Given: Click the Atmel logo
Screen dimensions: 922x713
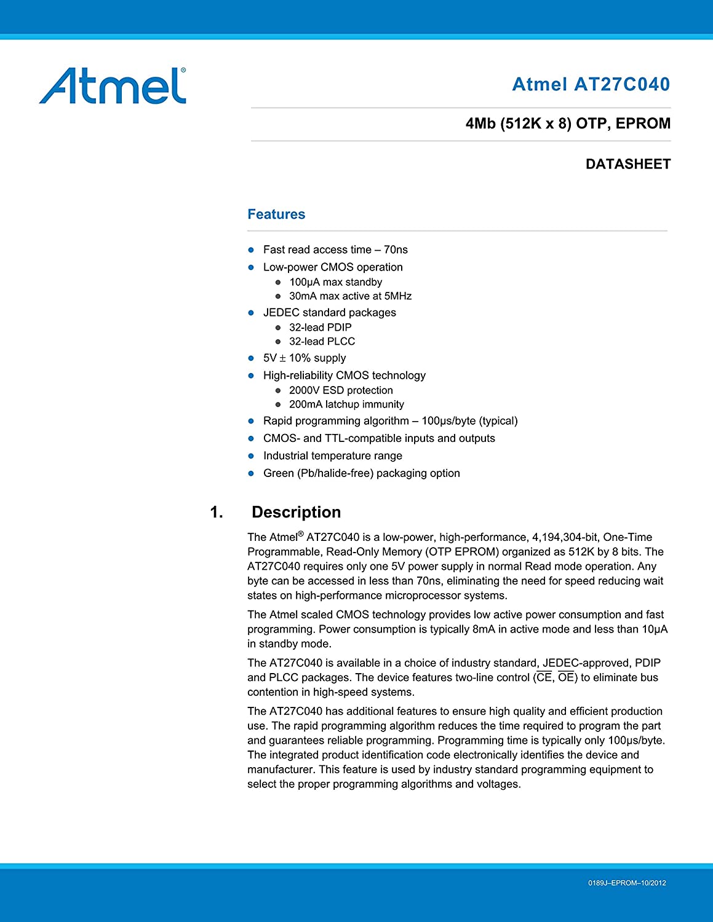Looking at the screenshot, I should tap(113, 86).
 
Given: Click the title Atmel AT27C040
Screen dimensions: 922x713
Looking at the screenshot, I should tap(591, 84).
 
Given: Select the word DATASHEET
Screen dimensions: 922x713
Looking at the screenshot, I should tap(627, 164).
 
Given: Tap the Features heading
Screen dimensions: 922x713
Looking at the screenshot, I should tap(276, 214).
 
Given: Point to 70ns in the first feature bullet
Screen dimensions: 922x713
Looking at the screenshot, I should tap(396, 250).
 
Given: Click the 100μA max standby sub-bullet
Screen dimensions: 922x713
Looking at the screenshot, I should tap(335, 282).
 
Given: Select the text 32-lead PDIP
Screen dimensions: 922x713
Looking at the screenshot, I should tap(320, 328).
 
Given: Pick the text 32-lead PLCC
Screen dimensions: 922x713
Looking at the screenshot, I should tap(322, 342).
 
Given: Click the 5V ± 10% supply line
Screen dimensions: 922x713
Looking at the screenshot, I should tap(305, 358).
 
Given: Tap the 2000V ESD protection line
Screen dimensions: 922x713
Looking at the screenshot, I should tap(341, 390).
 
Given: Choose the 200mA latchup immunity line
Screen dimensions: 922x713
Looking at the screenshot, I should tap(346, 404).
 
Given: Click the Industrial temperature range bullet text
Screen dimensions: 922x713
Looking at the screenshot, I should tap(332, 455).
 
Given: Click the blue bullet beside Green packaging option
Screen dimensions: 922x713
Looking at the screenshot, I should tap(251, 473).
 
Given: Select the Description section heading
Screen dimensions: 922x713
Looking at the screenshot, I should tap(296, 512).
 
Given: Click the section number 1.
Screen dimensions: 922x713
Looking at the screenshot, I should tap(217, 512).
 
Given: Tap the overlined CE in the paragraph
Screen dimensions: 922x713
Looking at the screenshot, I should tap(544, 677).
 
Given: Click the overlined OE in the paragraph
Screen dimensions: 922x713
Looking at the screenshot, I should tap(566, 677).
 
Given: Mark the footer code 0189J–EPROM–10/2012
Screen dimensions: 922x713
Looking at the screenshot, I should tap(627, 883).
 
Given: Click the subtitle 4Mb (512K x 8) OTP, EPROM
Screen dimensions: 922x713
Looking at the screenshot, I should tap(568, 124).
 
